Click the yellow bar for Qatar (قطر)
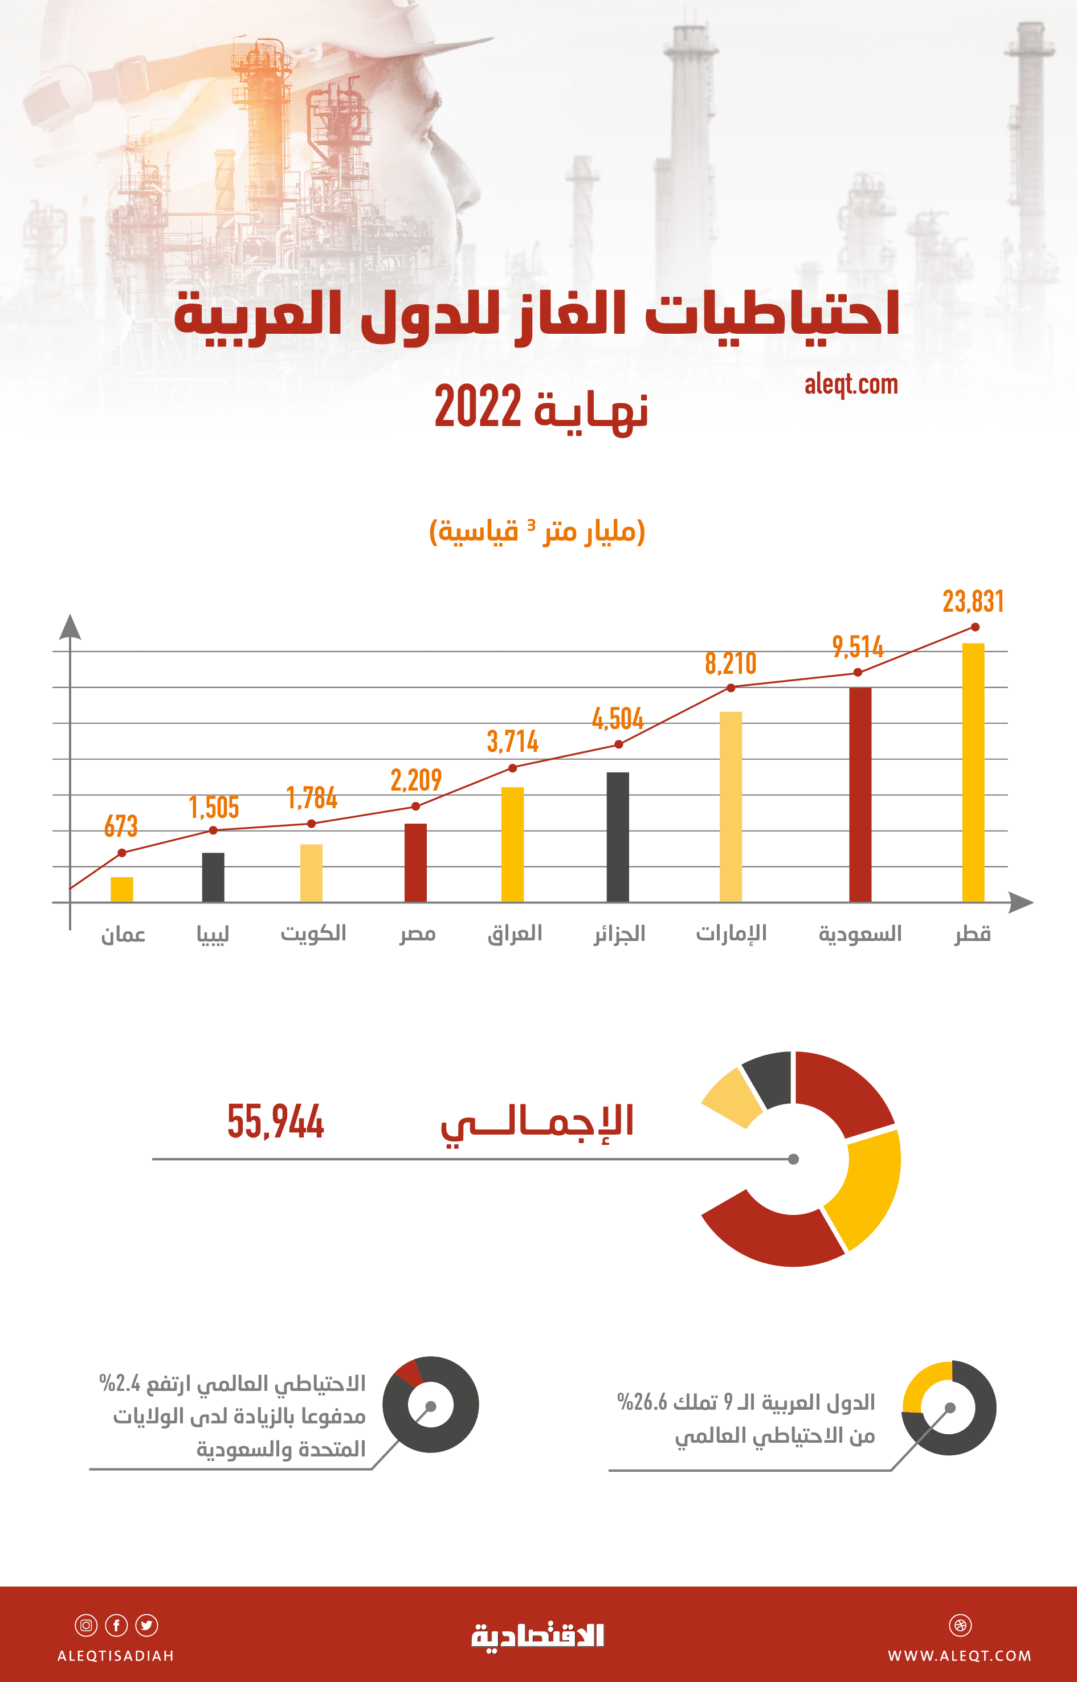click(973, 772)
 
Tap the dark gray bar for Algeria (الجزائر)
click(618, 837)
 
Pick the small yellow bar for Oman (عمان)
click(122, 889)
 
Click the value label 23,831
click(973, 601)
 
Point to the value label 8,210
click(730, 664)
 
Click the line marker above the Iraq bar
click(513, 768)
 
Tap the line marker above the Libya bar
click(213, 830)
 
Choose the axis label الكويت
click(313, 934)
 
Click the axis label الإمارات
click(731, 934)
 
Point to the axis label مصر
click(418, 934)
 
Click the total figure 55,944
click(276, 1122)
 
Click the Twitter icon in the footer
click(147, 1626)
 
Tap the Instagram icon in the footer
click(86, 1626)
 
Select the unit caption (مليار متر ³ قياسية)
click(537, 531)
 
